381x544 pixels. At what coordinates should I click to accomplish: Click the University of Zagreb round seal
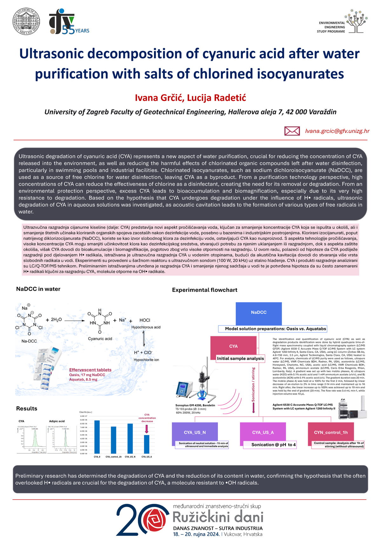click(x=26, y=21)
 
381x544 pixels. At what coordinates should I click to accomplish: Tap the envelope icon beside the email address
click(x=292, y=131)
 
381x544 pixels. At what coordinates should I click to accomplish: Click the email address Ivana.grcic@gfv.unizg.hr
click(x=337, y=131)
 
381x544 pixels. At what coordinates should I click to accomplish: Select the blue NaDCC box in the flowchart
click(x=258, y=313)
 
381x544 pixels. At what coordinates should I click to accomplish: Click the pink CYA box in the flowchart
click(x=233, y=346)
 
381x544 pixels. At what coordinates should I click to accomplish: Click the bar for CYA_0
click(x=97, y=437)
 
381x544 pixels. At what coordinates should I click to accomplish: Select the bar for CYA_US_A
click(x=147, y=444)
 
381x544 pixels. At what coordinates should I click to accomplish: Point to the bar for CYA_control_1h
click(x=113, y=440)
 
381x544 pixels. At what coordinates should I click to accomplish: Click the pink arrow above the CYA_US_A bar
click(x=147, y=429)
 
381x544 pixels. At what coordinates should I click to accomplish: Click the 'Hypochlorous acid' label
click(x=146, y=327)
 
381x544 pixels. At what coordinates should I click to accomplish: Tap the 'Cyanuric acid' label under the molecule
click(x=100, y=338)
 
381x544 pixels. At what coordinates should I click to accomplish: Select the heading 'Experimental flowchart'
click(x=204, y=290)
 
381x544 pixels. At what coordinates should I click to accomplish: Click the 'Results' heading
click(x=27, y=409)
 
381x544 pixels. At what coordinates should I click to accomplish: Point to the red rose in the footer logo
click(x=156, y=520)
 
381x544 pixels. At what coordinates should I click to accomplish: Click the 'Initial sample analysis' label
click(x=240, y=358)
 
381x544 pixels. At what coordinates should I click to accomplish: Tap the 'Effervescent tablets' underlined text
click(x=90, y=370)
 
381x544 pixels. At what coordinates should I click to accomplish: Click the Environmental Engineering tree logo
click(x=357, y=21)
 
